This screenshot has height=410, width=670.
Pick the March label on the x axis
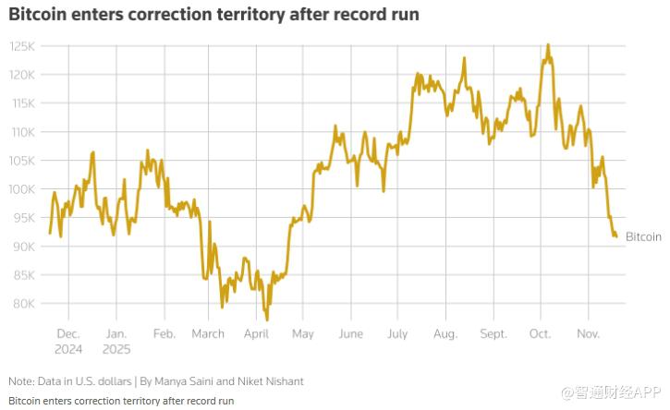(208, 334)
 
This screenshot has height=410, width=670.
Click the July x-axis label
(397, 334)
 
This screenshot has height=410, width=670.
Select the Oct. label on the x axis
(541, 334)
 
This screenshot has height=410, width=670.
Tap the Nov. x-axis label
(589, 334)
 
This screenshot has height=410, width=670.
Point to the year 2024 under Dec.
(68, 350)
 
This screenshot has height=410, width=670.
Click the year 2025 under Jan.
(116, 350)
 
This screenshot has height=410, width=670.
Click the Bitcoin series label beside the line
(643, 237)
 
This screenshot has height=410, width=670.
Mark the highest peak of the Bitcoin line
(548, 44)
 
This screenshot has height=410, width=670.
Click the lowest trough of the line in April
(267, 320)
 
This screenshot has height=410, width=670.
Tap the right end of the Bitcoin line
(616, 236)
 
